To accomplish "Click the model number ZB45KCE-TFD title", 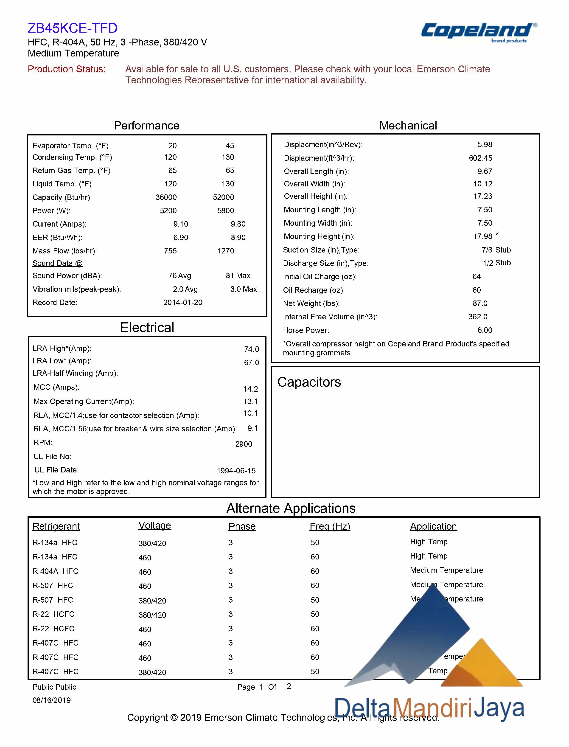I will click(x=73, y=28).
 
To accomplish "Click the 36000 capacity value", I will click(x=166, y=197).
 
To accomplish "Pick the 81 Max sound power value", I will click(x=238, y=276).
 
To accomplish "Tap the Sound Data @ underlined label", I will click(x=58, y=263).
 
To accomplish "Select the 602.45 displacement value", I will click(x=481, y=158).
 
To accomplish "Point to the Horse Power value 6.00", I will click(x=485, y=330).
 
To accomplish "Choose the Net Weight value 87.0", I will click(x=480, y=303).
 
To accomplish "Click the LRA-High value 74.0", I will click(x=251, y=349).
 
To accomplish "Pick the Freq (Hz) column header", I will click(x=330, y=526).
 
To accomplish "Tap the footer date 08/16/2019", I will click(x=51, y=700).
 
